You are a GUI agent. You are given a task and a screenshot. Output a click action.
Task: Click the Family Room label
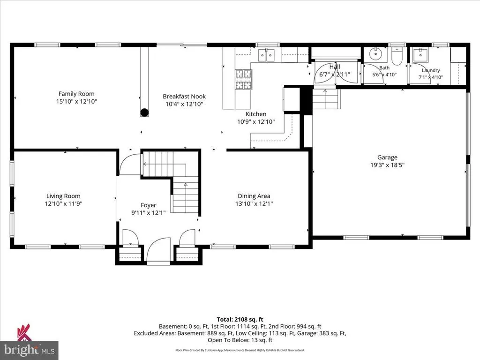coord(76,94)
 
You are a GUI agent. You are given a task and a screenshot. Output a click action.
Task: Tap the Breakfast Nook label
coord(184,96)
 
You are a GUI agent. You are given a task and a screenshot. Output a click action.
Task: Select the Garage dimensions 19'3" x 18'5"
coord(387,165)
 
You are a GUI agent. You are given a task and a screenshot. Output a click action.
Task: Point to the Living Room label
coord(63,196)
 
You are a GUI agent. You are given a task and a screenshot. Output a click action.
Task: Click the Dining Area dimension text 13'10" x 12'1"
coord(254,203)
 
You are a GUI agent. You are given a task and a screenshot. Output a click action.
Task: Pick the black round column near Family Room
coord(144,112)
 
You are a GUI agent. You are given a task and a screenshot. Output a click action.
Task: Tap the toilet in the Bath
coord(397,57)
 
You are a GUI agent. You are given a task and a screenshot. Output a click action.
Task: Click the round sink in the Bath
coord(375,54)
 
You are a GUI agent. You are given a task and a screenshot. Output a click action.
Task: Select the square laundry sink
coord(421,54)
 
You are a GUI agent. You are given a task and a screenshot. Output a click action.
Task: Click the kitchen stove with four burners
coord(244,79)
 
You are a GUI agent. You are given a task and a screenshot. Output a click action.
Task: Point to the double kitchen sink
coord(267,55)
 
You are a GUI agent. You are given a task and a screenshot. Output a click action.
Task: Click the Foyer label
coord(149,205)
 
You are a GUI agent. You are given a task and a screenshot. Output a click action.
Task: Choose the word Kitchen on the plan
coord(256,114)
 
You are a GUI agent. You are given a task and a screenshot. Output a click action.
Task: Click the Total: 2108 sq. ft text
coord(240,320)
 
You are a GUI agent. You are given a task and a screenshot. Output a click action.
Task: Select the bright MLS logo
coord(29,350)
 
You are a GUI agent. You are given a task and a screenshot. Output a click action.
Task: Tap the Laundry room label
coord(431,70)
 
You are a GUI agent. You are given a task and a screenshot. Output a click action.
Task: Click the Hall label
coord(335,67)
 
